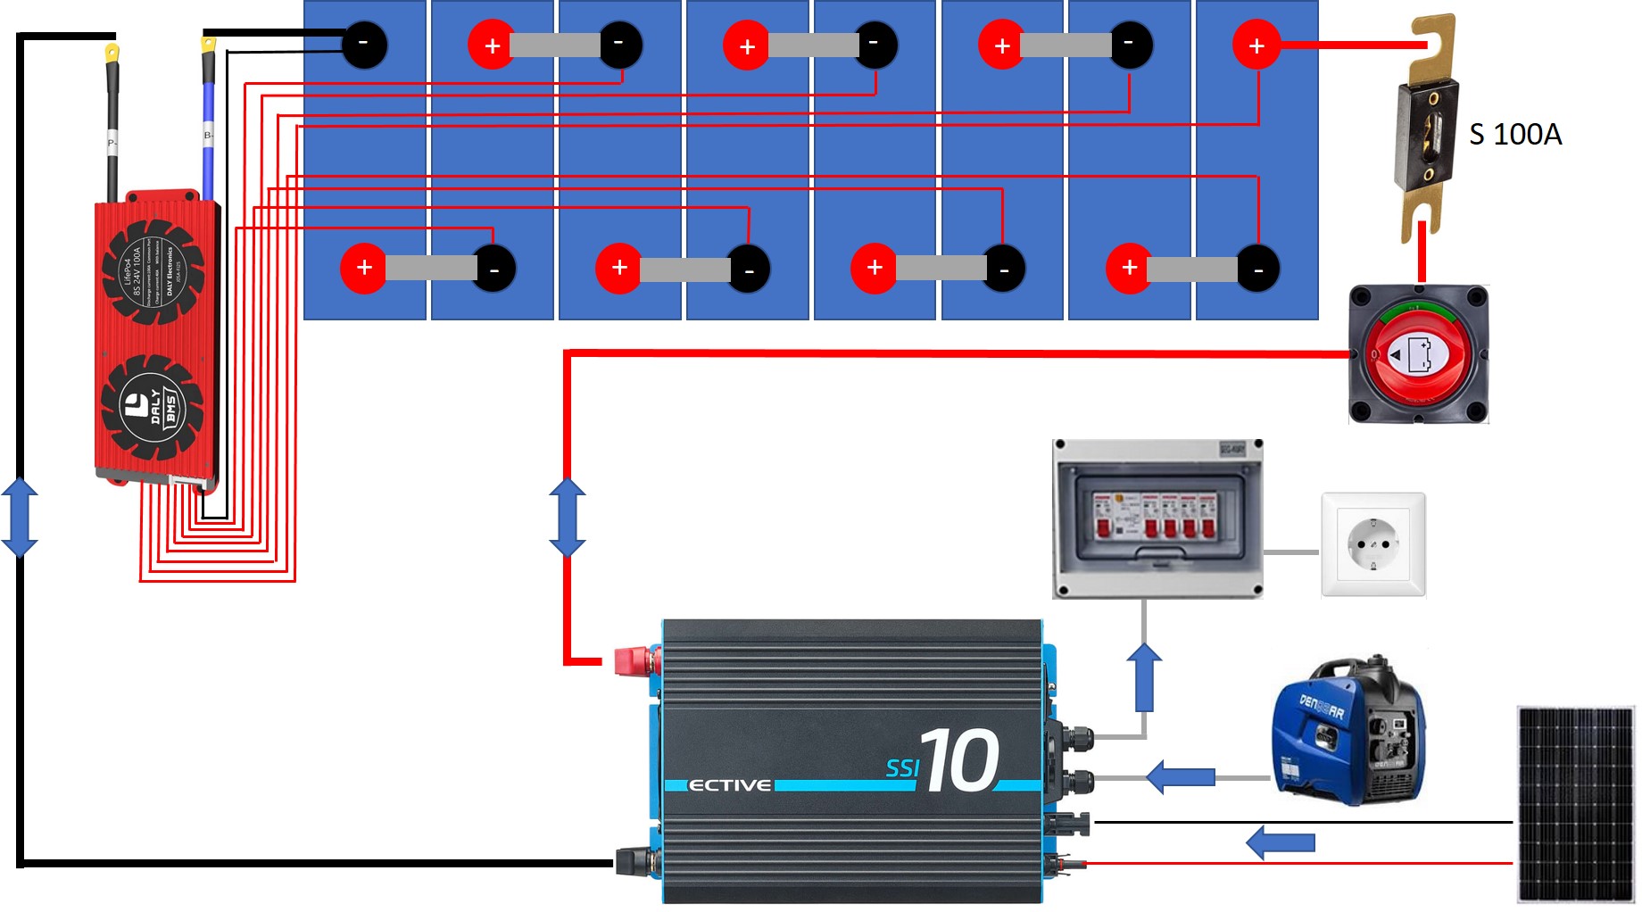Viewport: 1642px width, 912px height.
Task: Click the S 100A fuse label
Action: [1514, 134]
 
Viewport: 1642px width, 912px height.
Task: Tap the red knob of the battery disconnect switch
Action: [1419, 355]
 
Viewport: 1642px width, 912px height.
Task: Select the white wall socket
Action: [1372, 543]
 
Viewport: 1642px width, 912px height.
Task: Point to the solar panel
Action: [1575, 804]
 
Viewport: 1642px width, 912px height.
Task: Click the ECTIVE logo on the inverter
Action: [729, 785]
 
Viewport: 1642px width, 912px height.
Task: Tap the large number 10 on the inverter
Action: [960, 760]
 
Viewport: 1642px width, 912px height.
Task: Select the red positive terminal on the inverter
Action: [635, 660]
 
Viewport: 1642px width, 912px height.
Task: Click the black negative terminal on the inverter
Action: [635, 861]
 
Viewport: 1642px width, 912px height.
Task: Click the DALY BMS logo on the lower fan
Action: [153, 407]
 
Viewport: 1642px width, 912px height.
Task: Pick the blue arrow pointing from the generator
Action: [1180, 776]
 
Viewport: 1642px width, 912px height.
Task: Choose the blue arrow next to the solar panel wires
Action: [1280, 842]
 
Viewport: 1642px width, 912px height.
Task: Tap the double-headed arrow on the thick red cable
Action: [568, 517]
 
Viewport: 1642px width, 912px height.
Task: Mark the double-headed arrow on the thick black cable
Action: [20, 517]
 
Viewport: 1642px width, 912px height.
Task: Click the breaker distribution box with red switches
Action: [1157, 518]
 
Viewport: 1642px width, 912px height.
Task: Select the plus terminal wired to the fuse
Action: [1256, 45]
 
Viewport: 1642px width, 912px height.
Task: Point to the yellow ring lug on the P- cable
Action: [112, 54]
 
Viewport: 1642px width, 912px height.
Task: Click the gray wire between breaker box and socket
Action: [1291, 552]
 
